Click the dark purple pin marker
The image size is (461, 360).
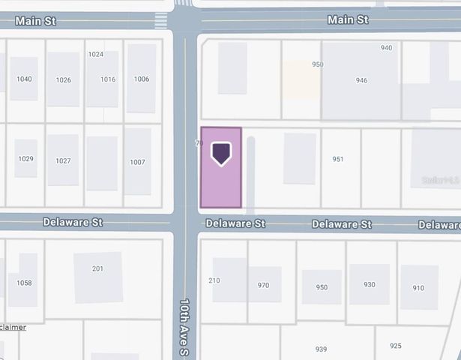pyautogui.click(x=221, y=153)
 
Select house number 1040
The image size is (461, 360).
pyautogui.click(x=24, y=79)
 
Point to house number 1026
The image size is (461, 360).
pyautogui.click(x=64, y=80)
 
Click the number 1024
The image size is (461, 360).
pyautogui.click(x=95, y=55)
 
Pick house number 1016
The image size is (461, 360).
pyautogui.click(x=108, y=79)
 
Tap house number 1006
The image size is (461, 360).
pyautogui.click(x=142, y=79)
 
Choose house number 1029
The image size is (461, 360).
pyautogui.click(x=26, y=159)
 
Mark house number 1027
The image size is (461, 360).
pyautogui.click(x=63, y=161)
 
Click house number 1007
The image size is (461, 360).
pyautogui.click(x=137, y=162)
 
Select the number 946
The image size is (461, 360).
pyautogui.click(x=362, y=80)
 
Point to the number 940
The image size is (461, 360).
pyautogui.click(x=386, y=48)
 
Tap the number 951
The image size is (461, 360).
pyautogui.click(x=338, y=159)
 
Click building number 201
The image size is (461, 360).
pyautogui.click(x=97, y=269)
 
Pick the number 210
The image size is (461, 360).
pyautogui.click(x=214, y=281)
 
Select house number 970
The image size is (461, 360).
pyautogui.click(x=263, y=286)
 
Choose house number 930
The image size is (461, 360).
pyautogui.click(x=369, y=284)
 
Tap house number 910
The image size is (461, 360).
pyautogui.click(x=418, y=288)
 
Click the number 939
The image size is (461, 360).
pyautogui.click(x=321, y=349)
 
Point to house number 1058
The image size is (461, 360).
pyautogui.click(x=25, y=283)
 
